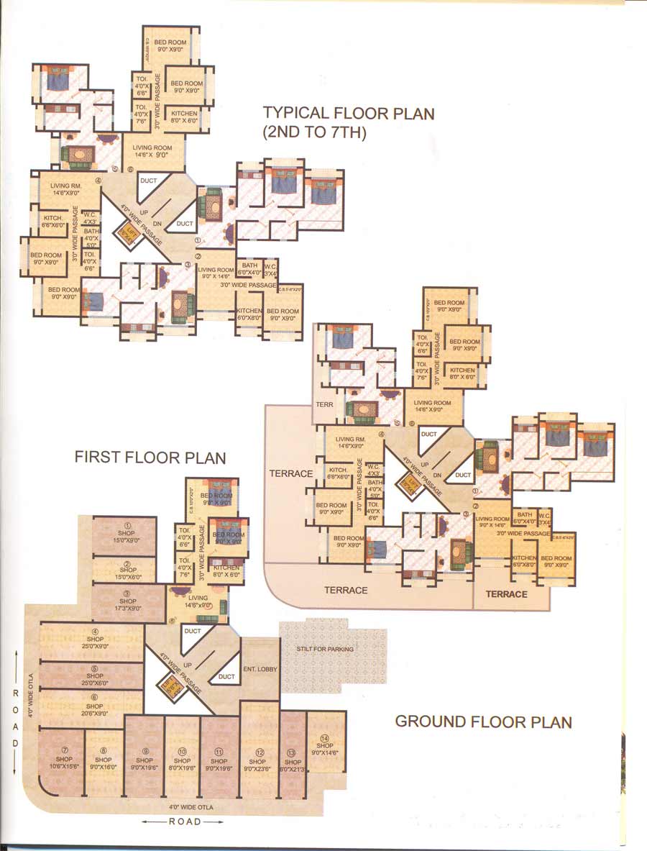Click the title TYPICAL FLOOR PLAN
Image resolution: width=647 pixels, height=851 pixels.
tap(349, 113)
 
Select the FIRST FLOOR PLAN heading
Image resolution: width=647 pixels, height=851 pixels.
tap(150, 458)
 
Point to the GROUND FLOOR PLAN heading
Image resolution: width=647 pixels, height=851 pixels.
tap(483, 722)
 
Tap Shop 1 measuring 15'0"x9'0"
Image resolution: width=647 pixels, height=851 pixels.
tap(127, 534)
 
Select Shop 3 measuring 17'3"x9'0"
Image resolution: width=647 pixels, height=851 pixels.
tap(128, 601)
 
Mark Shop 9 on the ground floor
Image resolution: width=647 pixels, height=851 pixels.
tap(144, 760)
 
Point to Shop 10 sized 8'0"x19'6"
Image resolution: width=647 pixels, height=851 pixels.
tap(182, 760)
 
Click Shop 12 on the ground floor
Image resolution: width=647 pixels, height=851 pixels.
tap(257, 760)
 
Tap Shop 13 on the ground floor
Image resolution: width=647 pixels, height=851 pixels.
tap(291, 760)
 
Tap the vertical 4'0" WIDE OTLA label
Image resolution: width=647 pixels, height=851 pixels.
tap(31, 696)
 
